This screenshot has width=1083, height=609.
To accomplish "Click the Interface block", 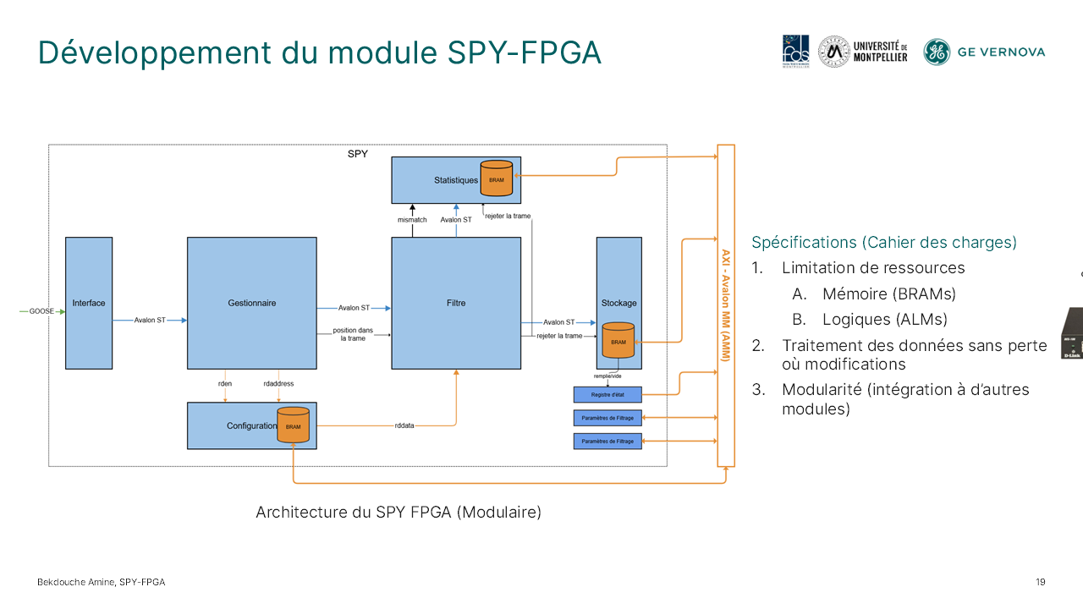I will [x=89, y=303].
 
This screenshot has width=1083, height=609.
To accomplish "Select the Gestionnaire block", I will [x=251, y=303].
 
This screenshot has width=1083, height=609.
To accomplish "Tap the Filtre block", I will [x=455, y=303].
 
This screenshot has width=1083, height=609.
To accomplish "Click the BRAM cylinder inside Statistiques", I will [x=497, y=178].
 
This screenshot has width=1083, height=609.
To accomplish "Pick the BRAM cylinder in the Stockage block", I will [x=618, y=340].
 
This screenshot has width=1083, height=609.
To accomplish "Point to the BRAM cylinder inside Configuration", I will [x=293, y=425].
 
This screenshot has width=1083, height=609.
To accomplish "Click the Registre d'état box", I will [x=607, y=394].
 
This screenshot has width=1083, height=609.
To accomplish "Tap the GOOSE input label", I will [x=41, y=311].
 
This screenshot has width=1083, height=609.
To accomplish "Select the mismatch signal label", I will [x=412, y=220].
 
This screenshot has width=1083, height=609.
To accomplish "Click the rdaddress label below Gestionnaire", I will [x=278, y=383].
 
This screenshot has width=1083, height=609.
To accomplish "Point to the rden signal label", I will [x=225, y=383].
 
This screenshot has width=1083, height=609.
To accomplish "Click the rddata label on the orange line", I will [x=404, y=425].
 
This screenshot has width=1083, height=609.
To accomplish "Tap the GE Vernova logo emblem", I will [x=937, y=52].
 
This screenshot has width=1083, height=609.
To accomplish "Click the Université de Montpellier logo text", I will [x=880, y=52].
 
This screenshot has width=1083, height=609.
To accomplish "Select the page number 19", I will [x=1040, y=582].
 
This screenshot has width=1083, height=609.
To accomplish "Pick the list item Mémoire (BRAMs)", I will [x=888, y=294].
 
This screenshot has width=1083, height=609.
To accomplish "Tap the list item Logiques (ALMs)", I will [x=884, y=320].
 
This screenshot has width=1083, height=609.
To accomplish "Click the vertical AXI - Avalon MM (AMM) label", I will [x=725, y=304].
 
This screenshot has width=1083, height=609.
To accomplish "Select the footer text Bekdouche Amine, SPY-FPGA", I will [x=101, y=582].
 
